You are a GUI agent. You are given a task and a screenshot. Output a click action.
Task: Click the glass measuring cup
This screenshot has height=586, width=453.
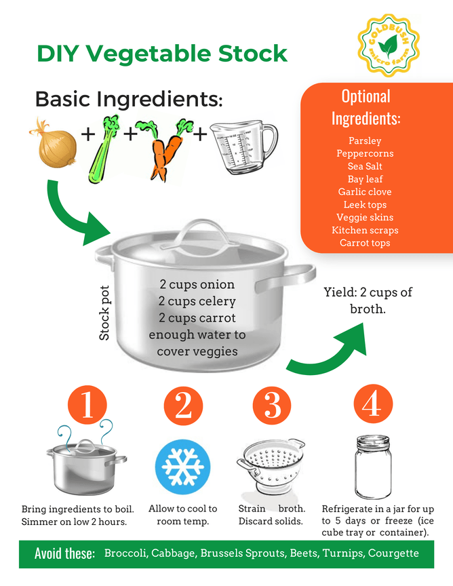(243, 148)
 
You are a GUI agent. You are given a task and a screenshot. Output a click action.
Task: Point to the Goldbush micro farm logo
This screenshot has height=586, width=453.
(389, 45)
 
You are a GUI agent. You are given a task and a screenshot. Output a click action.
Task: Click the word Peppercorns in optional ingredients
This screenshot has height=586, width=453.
(365, 153)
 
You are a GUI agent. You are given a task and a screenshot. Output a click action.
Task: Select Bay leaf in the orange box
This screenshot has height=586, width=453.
(365, 179)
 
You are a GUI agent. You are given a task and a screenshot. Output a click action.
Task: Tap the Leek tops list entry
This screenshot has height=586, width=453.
(365, 205)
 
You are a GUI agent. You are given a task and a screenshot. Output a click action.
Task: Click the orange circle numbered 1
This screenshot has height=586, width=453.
(87, 405)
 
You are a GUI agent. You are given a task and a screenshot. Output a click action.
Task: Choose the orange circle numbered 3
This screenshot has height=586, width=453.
(272, 405)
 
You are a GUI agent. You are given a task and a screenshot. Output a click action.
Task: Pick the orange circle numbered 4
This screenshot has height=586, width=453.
(373, 404)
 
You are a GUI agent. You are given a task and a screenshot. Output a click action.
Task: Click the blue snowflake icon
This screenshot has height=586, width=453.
(183, 467)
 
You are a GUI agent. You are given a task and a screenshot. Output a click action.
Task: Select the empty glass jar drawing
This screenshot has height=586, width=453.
(373, 467)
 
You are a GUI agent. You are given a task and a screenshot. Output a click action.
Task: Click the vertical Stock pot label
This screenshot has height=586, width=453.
(104, 313)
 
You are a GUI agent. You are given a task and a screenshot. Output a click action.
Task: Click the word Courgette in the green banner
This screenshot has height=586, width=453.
(393, 553)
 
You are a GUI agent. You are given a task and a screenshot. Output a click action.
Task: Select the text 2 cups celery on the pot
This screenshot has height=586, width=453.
(197, 301)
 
